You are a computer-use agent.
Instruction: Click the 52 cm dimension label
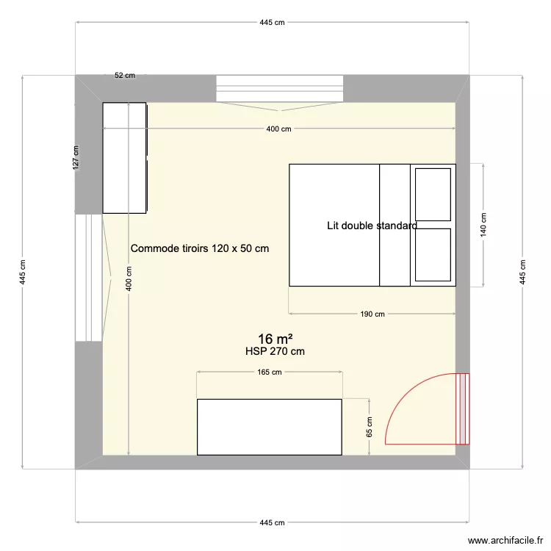pos(125,75)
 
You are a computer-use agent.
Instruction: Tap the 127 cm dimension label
pos(76,158)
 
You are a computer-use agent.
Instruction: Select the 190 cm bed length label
pos(372,314)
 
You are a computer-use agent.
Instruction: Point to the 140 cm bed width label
pos(483,224)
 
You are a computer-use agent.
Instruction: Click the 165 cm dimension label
pos(270,372)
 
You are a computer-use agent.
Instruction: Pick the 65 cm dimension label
pos(369,427)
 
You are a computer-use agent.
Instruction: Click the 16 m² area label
pos(275,339)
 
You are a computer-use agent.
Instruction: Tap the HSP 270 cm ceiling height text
pos(275,351)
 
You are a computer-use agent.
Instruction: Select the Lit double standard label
pos(372,226)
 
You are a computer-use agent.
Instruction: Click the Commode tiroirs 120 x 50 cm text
pos(200,248)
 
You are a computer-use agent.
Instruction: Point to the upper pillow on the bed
pos(433,193)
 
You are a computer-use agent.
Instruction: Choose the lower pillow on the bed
pos(433,255)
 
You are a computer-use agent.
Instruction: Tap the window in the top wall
pos(280,88)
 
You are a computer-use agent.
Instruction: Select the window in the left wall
pos(88,278)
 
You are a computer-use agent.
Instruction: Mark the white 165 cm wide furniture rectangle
pos(270,427)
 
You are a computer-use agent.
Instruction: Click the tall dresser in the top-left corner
pos(125,158)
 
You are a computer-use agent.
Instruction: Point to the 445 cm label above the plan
pos(271,23)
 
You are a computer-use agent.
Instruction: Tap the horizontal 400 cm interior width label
pos(278,129)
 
